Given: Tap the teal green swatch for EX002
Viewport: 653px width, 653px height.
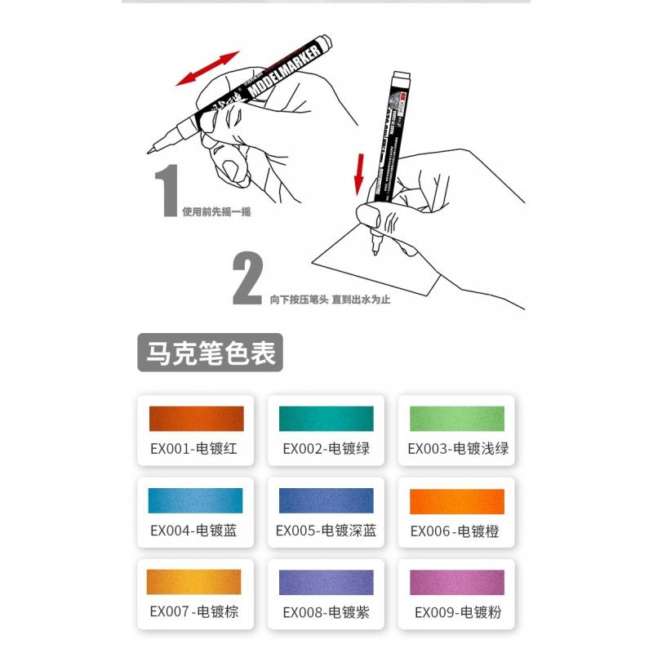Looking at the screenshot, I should click(326, 418).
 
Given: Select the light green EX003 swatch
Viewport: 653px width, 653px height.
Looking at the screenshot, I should click(457, 418).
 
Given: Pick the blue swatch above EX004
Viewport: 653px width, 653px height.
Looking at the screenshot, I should click(196, 500).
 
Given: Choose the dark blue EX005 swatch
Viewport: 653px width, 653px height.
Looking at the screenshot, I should click(326, 500).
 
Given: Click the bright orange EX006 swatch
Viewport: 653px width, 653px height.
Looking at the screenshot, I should click(457, 500).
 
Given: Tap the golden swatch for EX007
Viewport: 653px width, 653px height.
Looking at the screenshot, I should click(196, 581).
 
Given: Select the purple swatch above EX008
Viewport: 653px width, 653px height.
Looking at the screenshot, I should click(326, 581).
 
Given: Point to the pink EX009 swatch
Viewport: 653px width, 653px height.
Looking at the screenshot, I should click(457, 581).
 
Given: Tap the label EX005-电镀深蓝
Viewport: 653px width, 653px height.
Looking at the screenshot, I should click(326, 531).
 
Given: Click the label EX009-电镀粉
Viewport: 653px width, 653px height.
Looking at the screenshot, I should click(457, 612).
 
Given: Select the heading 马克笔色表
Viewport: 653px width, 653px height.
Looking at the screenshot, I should click(210, 354).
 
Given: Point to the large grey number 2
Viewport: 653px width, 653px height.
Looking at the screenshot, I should click(247, 279).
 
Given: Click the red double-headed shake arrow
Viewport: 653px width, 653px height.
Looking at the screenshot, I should click(208, 68).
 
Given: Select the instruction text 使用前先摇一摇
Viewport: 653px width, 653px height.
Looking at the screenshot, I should click(216, 212).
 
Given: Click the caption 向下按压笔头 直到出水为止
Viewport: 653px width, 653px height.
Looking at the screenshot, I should click(330, 300).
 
